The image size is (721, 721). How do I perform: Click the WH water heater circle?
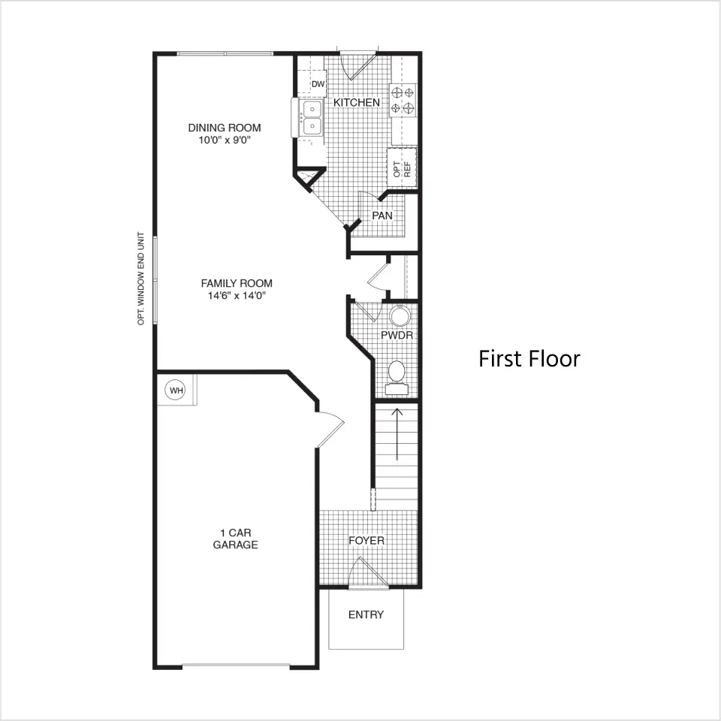(x=175, y=390)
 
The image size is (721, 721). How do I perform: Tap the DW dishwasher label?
(x=318, y=84)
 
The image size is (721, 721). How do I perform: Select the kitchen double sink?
(x=312, y=118)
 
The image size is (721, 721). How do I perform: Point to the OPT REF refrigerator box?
(x=402, y=167)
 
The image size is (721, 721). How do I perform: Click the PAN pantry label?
(x=382, y=216)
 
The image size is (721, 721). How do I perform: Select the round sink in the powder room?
(x=399, y=316)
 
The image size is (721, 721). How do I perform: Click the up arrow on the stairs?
(x=397, y=434)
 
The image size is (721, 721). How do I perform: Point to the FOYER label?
(x=367, y=540)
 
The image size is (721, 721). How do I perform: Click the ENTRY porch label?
(x=366, y=615)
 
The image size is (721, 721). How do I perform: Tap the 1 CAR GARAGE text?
(x=235, y=539)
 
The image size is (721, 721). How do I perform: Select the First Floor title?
(x=529, y=359)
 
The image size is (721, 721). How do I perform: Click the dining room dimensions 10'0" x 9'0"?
(x=225, y=140)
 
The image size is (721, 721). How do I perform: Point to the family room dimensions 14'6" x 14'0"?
(x=237, y=295)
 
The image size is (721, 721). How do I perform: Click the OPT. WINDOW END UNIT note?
(x=140, y=279)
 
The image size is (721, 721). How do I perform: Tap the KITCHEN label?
(x=357, y=102)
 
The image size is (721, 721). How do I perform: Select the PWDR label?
(x=397, y=335)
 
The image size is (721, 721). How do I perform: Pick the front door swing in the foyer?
(x=369, y=573)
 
